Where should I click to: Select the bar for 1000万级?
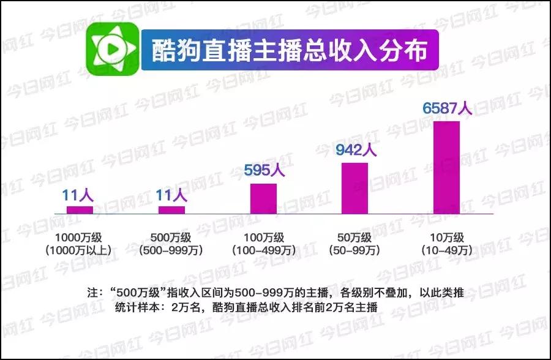(x=80, y=210)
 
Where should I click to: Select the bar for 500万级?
(x=171, y=210)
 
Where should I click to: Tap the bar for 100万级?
(x=263, y=198)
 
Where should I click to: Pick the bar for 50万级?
(x=354, y=188)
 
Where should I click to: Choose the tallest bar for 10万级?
(x=446, y=167)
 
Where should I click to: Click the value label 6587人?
(x=447, y=108)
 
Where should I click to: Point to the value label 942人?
(x=354, y=149)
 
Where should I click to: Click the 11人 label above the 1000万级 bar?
(x=78, y=195)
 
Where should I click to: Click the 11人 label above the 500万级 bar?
(x=171, y=195)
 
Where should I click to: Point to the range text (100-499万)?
(x=263, y=250)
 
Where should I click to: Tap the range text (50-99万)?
(x=355, y=250)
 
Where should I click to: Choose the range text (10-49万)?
(x=446, y=250)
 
